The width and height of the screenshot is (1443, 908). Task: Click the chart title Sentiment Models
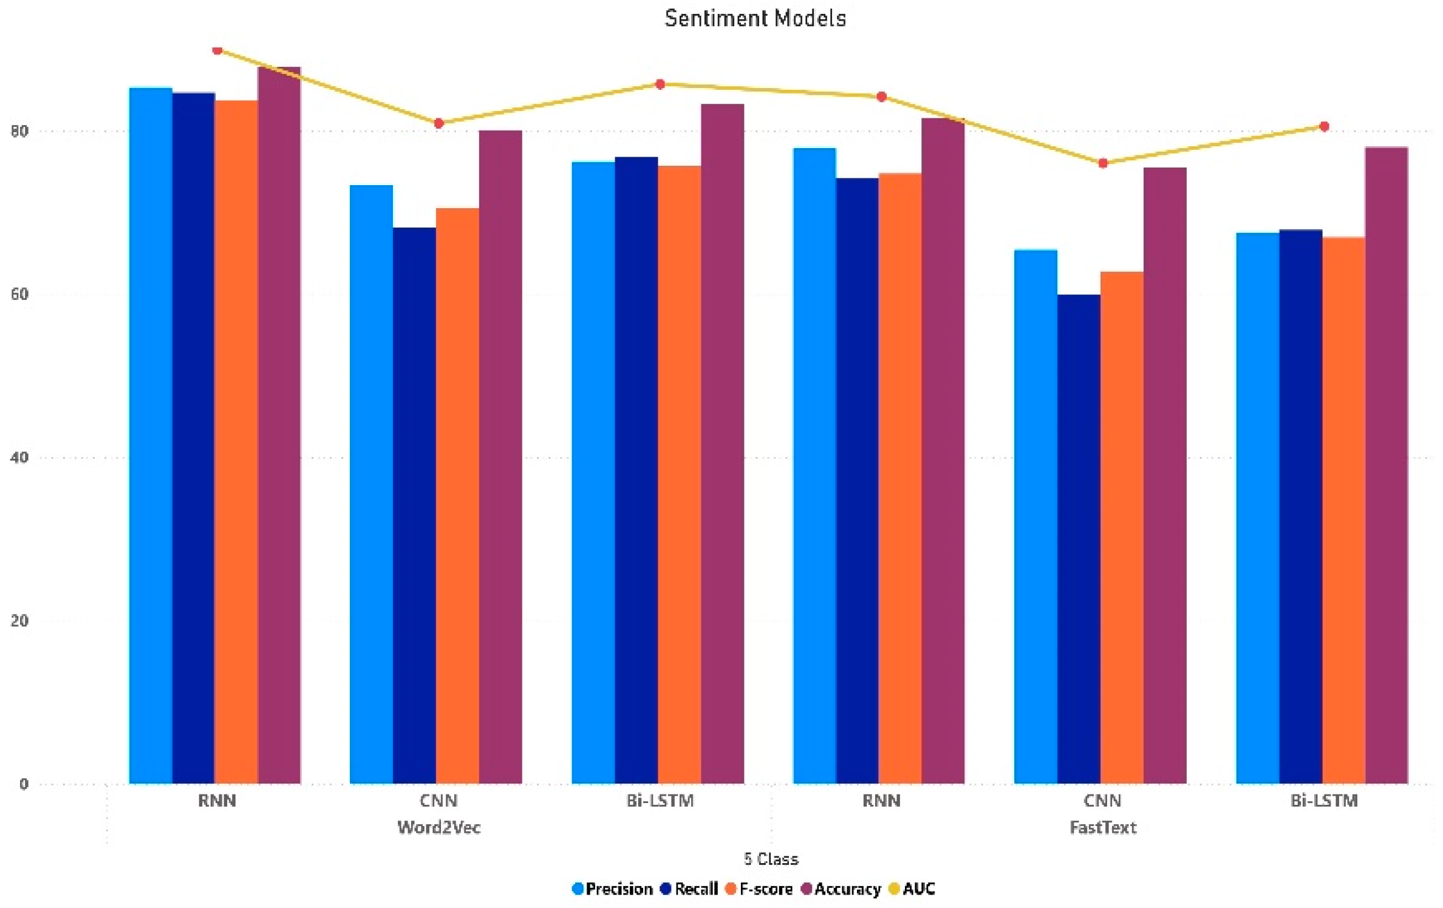point(755,18)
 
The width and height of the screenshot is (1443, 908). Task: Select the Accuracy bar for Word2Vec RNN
point(279,425)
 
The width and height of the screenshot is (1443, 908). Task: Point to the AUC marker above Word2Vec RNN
point(217,50)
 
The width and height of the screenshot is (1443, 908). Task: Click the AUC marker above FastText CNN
point(1103,163)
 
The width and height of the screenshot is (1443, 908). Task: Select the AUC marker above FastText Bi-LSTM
point(1324,126)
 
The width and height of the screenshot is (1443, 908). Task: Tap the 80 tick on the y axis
point(19,131)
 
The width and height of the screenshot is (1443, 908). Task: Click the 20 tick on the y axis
point(19,620)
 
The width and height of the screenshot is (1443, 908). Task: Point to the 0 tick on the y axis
point(23,784)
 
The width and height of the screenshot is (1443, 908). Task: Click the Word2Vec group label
point(438,827)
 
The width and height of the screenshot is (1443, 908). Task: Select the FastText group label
point(1102,827)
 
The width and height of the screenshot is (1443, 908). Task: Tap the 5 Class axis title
point(771,859)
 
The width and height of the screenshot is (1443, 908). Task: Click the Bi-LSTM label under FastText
point(1324,801)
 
